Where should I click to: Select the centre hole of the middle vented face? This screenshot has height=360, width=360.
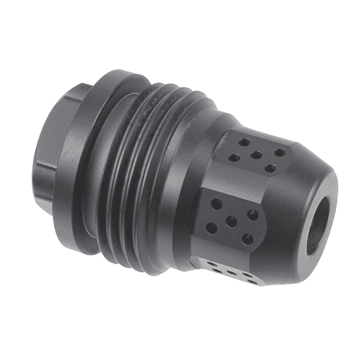231,220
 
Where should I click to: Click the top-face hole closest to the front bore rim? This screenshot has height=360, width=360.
271,168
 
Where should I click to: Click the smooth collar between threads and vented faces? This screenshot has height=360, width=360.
188,186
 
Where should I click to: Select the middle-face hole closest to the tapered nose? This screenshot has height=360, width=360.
254,215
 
